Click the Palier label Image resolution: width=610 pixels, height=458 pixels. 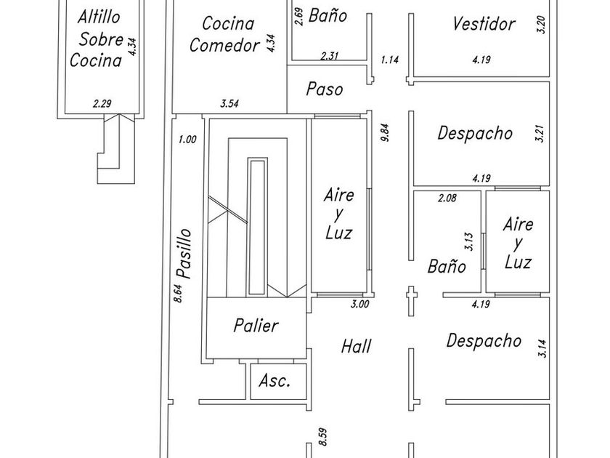tap(256, 325)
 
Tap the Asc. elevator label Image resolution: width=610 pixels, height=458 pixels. tap(274, 380)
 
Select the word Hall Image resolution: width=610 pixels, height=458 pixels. tap(356, 347)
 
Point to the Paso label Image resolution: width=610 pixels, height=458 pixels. tap(324, 89)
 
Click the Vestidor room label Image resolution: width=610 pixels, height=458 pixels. tap(483, 23)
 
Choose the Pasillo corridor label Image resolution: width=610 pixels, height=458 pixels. tap(184, 254)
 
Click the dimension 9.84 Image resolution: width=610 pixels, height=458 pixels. tap(385, 132)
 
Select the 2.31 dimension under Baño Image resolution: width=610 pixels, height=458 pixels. tap(330, 56)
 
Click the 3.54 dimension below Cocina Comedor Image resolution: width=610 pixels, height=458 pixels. tap(229, 104)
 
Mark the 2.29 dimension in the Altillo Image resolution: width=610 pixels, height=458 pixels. tap(102, 104)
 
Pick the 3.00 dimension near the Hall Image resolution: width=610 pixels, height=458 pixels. tap(359, 305)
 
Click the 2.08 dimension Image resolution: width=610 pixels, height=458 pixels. tap(447, 198)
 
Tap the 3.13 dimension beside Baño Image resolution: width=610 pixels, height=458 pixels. tap(470, 241)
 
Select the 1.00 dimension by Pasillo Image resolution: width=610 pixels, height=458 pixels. tap(187, 140)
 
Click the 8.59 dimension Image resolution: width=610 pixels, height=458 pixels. tap(323, 436)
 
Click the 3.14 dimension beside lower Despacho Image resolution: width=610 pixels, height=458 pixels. tap(541, 348)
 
